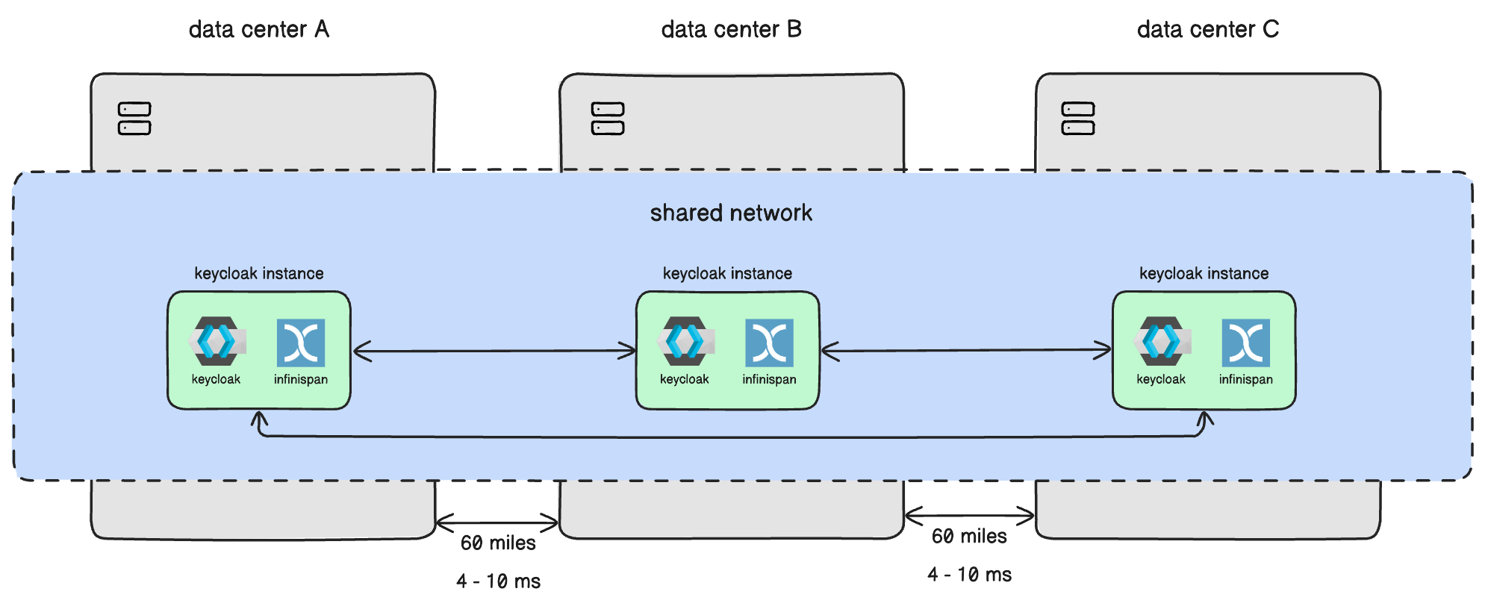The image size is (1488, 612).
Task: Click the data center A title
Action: click(258, 30)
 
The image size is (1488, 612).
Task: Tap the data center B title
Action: click(731, 30)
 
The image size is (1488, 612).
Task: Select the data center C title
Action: click(1207, 30)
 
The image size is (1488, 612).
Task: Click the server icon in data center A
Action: click(134, 119)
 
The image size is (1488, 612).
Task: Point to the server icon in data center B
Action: click(608, 119)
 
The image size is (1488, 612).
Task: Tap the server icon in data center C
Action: click(1078, 119)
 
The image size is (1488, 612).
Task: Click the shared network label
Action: click(731, 213)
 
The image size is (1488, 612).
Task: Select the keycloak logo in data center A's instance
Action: click(217, 341)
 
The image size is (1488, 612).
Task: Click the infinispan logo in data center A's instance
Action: click(301, 343)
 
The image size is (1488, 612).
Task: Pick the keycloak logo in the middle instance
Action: click(685, 341)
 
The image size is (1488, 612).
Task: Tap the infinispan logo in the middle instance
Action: click(769, 343)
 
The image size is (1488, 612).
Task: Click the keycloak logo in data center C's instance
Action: click(1161, 341)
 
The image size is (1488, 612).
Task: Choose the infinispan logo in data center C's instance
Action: click(1245, 343)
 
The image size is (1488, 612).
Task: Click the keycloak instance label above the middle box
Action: click(727, 273)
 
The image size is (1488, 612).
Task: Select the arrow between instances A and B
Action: click(494, 351)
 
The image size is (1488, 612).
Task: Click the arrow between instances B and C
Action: click(966, 350)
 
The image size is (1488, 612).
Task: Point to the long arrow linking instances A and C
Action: click(732, 437)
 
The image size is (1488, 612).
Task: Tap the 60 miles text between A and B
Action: click(498, 543)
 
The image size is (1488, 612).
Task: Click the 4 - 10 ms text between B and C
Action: click(969, 575)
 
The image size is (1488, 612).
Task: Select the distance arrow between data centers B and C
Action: click(969, 515)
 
